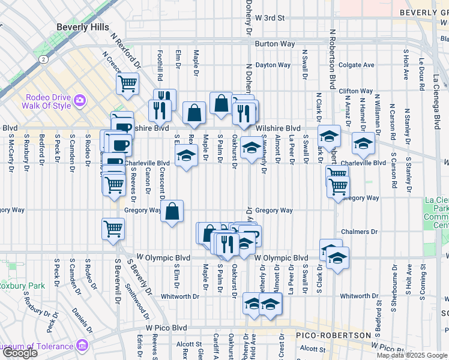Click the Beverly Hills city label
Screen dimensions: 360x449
83,27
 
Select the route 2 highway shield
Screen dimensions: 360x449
43,60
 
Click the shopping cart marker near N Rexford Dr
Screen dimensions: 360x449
127,85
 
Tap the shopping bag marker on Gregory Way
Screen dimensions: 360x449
172,211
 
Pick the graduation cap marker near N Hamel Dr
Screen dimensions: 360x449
363,143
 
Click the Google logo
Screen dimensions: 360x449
19,353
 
